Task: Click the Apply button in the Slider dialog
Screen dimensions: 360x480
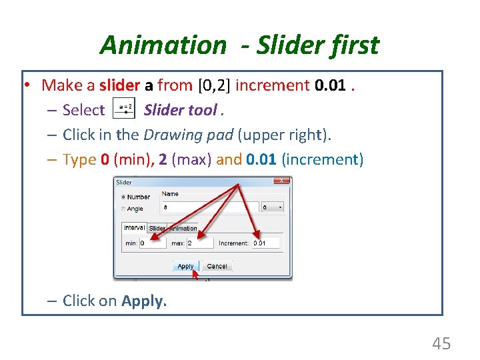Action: click(x=185, y=266)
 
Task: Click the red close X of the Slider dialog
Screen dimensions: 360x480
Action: click(x=282, y=181)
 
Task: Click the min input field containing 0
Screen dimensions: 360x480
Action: click(x=153, y=243)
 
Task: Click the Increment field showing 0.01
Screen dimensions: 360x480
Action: click(x=265, y=243)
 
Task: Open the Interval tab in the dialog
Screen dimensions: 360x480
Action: click(x=135, y=228)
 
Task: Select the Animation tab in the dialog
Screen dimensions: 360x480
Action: click(x=183, y=228)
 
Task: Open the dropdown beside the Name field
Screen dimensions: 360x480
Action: click(x=272, y=207)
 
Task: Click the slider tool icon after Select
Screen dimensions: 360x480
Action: click(x=124, y=109)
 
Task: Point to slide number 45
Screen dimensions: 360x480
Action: click(x=441, y=343)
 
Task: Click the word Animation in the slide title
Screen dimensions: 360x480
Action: click(x=163, y=45)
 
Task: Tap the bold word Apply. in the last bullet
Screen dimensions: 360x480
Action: click(x=144, y=301)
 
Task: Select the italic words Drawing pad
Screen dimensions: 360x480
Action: click(x=179, y=135)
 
